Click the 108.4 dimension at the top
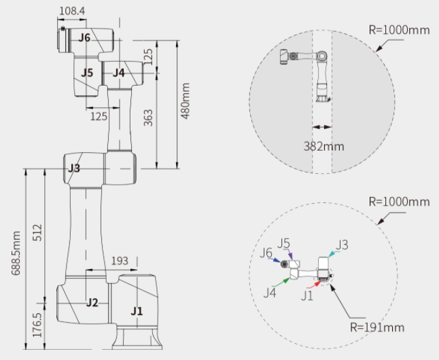(73, 12)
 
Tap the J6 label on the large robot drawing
(84, 38)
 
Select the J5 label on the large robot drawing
(86, 72)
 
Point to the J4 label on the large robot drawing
(119, 72)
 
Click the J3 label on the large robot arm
(73, 168)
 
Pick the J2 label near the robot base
(92, 302)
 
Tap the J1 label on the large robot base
(137, 312)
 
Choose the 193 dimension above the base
(119, 261)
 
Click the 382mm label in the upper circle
(323, 145)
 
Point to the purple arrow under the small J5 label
(290, 255)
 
